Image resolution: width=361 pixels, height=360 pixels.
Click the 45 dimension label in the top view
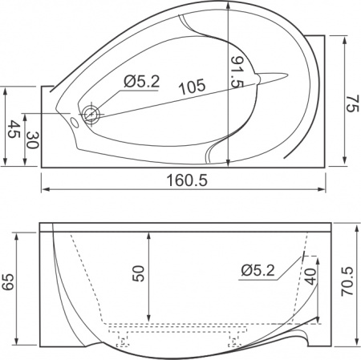click(x=14, y=128)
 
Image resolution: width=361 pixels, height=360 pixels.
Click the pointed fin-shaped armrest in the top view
click(x=265, y=77)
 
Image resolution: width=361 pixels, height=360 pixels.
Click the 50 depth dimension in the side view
click(x=140, y=273)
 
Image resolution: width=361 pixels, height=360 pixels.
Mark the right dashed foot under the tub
click(x=235, y=339)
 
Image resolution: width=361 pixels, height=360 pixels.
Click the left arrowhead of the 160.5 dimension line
click(x=43, y=190)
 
